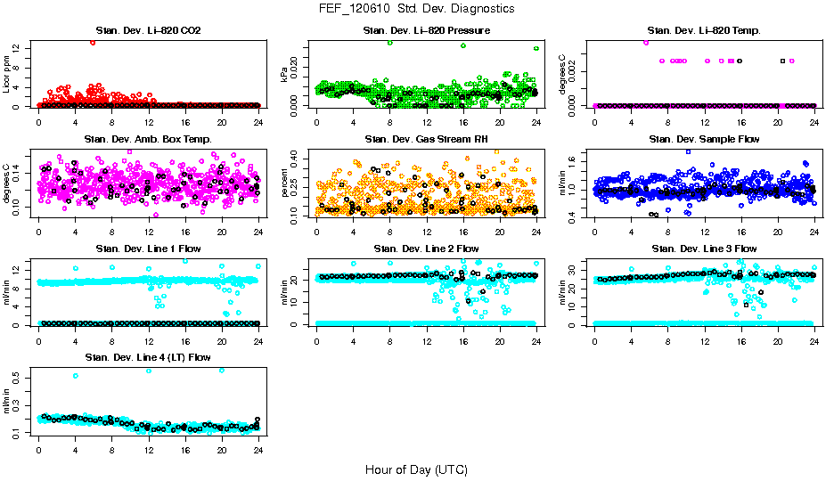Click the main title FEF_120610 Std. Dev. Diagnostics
[416, 9]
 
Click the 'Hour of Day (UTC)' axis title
[416, 469]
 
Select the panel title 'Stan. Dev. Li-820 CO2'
[148, 31]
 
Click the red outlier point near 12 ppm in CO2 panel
[93, 42]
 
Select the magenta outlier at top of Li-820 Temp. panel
[646, 42]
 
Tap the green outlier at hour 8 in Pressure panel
[389, 42]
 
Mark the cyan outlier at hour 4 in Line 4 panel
[76, 376]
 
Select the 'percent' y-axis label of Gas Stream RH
[284, 182]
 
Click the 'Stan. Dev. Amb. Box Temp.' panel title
[148, 140]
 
